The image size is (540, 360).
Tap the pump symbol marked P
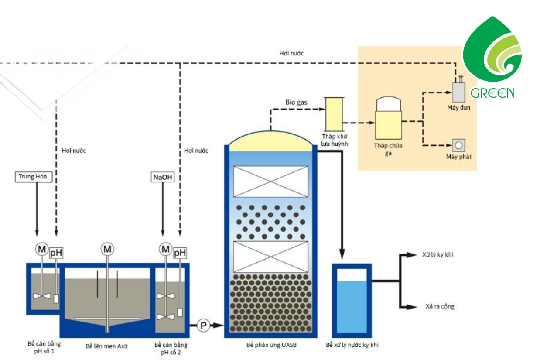pos(203,325)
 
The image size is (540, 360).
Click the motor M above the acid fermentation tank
pos(107,249)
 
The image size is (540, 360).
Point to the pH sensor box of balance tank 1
pos(56,253)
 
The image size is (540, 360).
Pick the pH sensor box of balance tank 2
pos(180,253)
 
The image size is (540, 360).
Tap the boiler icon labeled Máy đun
pos(458,91)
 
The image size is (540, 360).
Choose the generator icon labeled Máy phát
pos(458,145)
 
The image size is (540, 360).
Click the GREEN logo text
pos(492,93)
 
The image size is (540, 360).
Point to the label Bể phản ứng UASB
pos(271,345)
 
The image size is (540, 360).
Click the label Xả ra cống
pos(440,306)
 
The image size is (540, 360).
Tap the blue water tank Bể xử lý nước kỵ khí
pos(352,301)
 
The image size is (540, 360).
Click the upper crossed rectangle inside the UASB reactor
pos(270,182)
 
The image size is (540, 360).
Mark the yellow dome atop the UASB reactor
pos(270,142)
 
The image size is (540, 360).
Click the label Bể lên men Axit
pos(107,346)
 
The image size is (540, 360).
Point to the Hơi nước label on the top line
pos(291,53)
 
